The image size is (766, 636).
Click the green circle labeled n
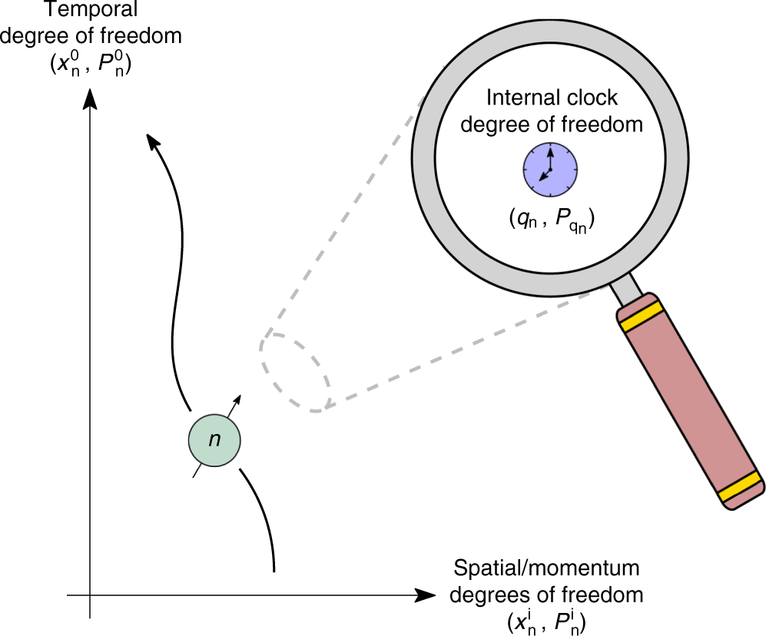click(x=215, y=439)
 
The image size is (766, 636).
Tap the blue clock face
click(x=550, y=169)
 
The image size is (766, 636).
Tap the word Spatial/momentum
click(x=547, y=569)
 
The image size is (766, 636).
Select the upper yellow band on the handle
click(x=641, y=316)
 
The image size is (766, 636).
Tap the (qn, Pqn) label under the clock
click(x=551, y=221)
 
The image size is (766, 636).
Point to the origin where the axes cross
click(x=91, y=595)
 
